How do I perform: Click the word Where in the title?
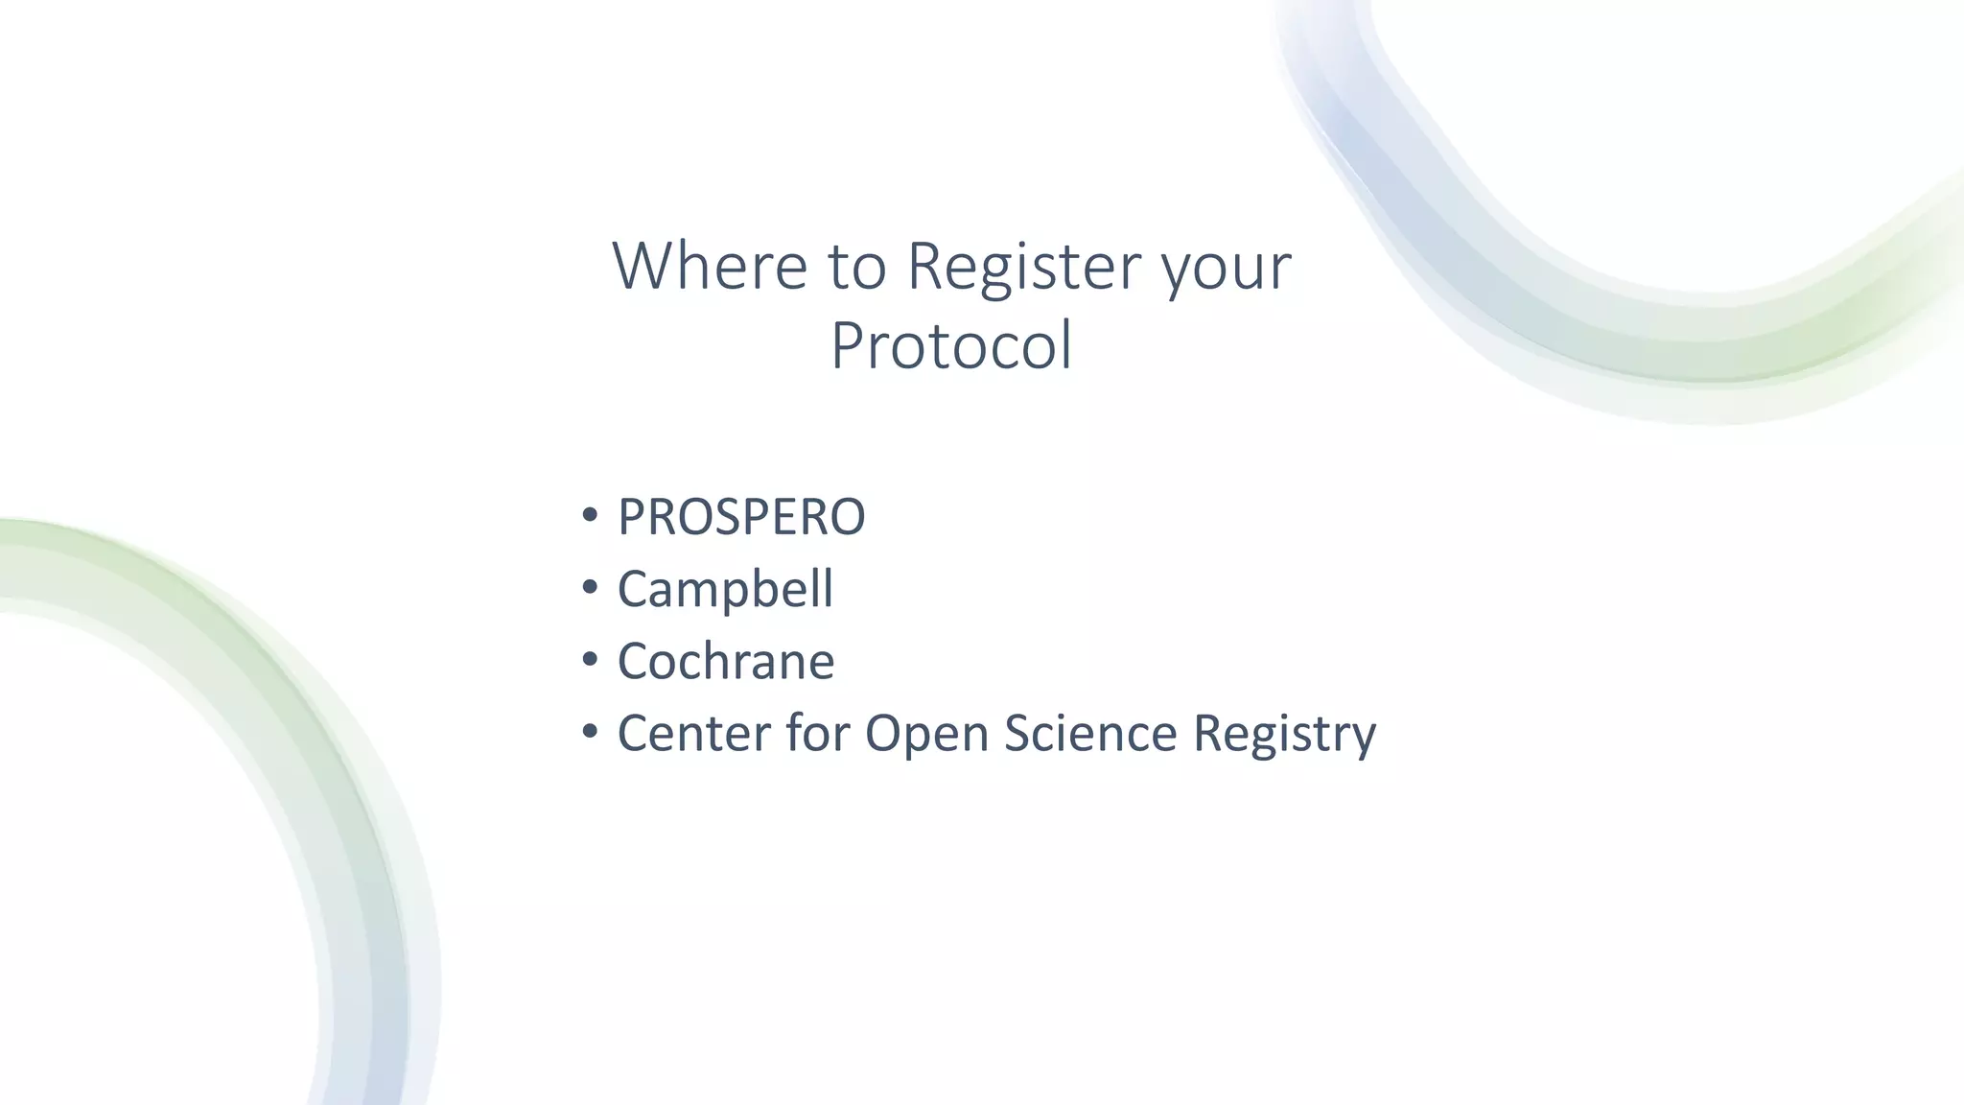[x=710, y=266]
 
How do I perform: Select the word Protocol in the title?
[x=950, y=345]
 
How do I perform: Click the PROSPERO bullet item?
[x=741, y=517]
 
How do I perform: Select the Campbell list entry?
[x=725, y=589]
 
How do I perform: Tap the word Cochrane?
[x=726, y=661]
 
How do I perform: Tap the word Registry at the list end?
[x=1284, y=735]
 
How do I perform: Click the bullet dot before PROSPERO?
[x=590, y=515]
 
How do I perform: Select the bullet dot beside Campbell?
[x=590, y=587]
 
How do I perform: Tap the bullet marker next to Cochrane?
[x=590, y=659]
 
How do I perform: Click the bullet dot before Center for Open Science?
[x=590, y=732]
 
